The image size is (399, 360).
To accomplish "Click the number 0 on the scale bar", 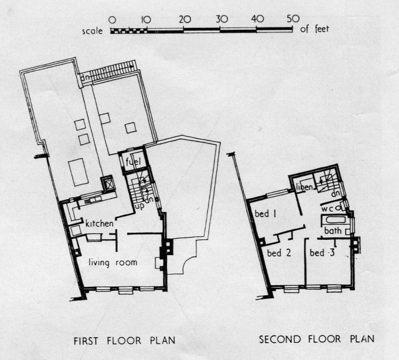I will (112, 19).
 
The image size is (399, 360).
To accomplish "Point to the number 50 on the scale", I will (292, 19).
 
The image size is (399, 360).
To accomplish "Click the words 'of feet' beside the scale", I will (314, 30).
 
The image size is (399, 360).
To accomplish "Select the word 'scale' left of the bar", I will (94, 30).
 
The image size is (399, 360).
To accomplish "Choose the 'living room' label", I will (113, 262).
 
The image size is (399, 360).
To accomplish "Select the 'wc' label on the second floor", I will (327, 209).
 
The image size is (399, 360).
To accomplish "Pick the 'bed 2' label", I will (278, 253).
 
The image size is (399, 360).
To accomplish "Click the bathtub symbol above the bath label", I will (334, 220).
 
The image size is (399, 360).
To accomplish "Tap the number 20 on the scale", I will (185, 19).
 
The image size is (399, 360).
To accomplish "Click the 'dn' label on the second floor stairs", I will (336, 192).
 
